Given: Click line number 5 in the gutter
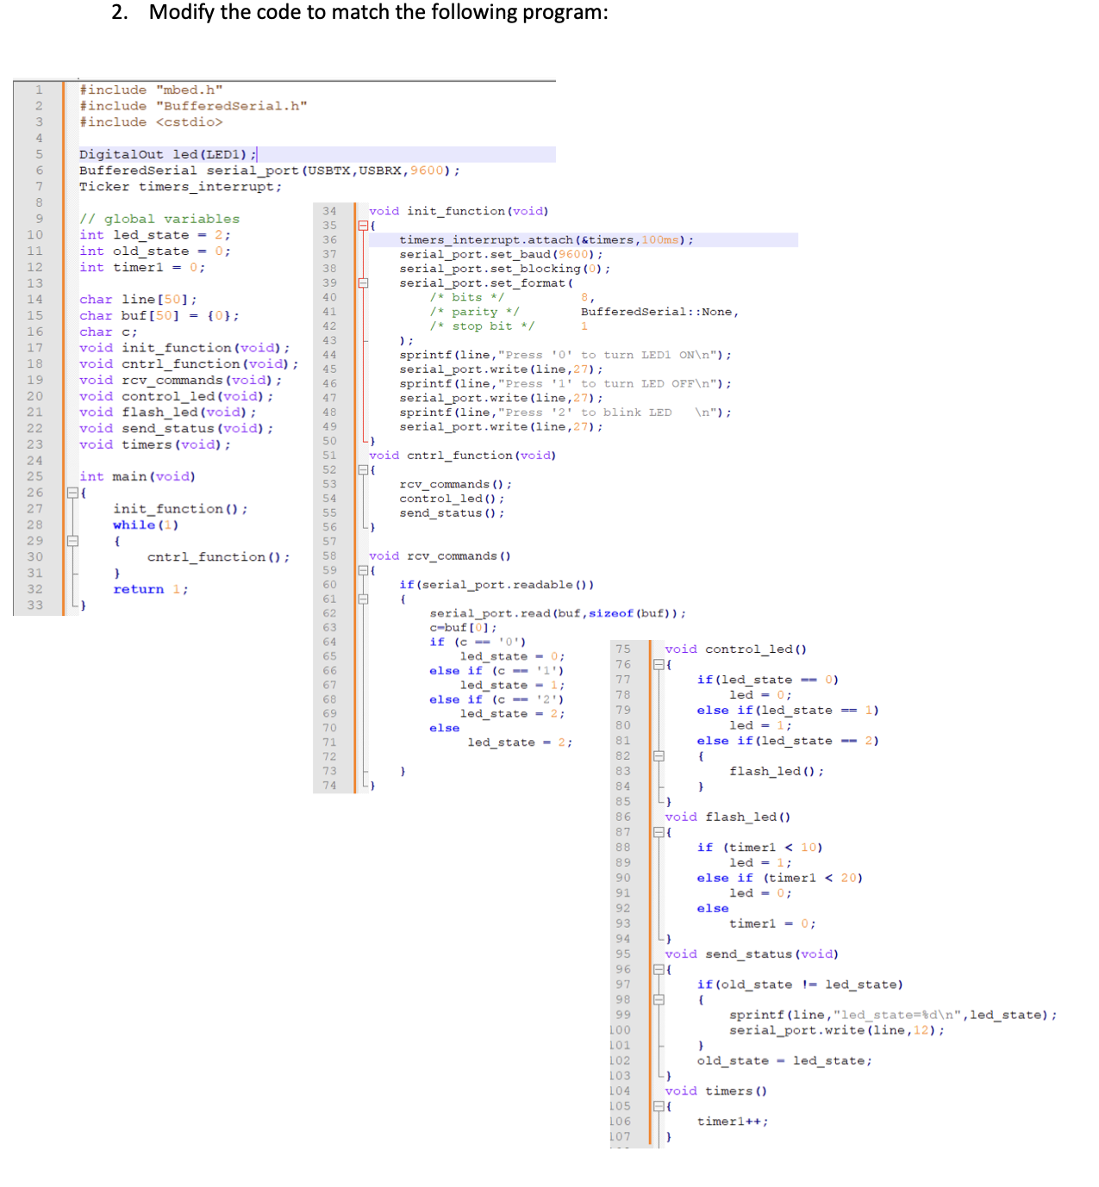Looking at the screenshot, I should click(39, 154).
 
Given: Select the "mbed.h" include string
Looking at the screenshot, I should click(190, 90).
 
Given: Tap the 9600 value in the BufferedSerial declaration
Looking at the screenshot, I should click(428, 171).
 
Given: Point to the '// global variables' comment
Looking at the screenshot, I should click(159, 219).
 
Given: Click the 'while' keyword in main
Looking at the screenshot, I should click(134, 525).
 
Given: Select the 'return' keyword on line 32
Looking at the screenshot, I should click(138, 589).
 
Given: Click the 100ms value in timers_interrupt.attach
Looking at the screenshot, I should click(659, 240).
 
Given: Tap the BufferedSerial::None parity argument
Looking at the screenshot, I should click(659, 312).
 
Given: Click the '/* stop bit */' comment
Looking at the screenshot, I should click(482, 326).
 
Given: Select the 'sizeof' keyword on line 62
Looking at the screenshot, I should click(610, 613).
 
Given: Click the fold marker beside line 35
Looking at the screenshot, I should click(363, 226).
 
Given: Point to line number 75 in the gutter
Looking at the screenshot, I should click(623, 649).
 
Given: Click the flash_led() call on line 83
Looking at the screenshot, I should click(776, 771).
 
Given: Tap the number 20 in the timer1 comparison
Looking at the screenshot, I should click(849, 878).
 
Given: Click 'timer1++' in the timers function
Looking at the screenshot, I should click(732, 1122).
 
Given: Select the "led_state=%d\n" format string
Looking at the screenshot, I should click(898, 1015).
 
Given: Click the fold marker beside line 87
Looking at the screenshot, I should click(659, 832).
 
